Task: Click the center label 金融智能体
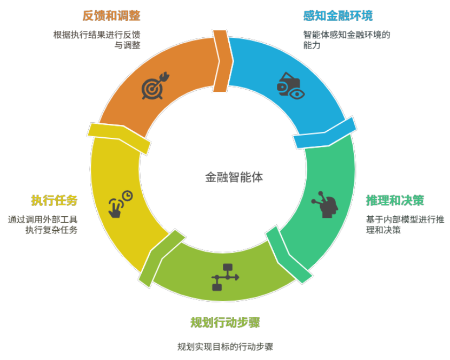pyautogui.click(x=234, y=177)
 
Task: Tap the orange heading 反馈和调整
pyautogui.click(x=111, y=16)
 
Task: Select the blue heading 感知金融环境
pyautogui.click(x=338, y=16)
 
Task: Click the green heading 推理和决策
pyautogui.click(x=395, y=200)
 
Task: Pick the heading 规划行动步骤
pyautogui.click(x=226, y=322)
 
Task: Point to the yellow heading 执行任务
pyautogui.click(x=54, y=200)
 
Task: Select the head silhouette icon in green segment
pyautogui.click(x=325, y=204)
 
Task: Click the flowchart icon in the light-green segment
pyautogui.click(x=226, y=277)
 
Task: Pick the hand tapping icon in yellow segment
pyautogui.click(x=115, y=208)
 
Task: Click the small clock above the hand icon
pyautogui.click(x=128, y=196)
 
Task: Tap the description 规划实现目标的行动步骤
pyautogui.click(x=226, y=346)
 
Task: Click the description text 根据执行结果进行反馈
pyautogui.click(x=97, y=35)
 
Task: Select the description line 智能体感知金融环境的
pyautogui.click(x=347, y=35)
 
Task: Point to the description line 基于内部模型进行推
pyautogui.click(x=405, y=219)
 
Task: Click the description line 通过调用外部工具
pyautogui.click(x=43, y=219)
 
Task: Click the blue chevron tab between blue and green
pyautogui.click(x=325, y=133)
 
